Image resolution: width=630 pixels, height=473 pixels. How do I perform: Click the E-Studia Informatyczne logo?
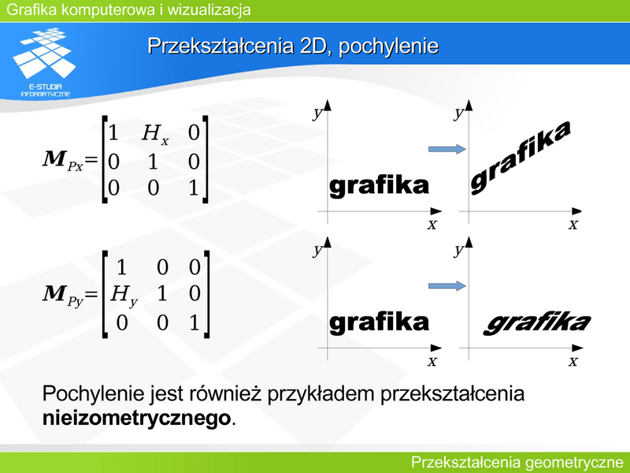45,62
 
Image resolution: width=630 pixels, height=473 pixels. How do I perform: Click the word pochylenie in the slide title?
388,47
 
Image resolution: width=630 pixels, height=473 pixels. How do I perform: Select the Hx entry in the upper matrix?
155,134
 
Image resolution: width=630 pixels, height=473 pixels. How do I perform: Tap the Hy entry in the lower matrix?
124,296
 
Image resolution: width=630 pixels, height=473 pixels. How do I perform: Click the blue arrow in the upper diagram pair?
447,149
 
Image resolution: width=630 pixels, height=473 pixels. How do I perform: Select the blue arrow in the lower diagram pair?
447,286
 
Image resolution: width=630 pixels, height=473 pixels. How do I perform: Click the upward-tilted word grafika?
521,158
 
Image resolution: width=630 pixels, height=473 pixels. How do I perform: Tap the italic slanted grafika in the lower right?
537,323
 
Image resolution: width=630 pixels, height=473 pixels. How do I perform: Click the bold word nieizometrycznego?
136,419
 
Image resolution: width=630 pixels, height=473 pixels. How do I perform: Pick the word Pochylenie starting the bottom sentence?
93,393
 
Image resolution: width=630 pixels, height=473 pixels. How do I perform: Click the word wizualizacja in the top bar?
209,9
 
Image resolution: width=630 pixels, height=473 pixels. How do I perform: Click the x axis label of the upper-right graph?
573,224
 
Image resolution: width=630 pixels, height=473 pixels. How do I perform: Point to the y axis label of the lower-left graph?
318,251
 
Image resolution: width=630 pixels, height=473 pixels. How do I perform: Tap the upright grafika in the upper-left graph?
379,186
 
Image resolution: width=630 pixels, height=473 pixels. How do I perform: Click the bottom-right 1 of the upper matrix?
194,188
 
